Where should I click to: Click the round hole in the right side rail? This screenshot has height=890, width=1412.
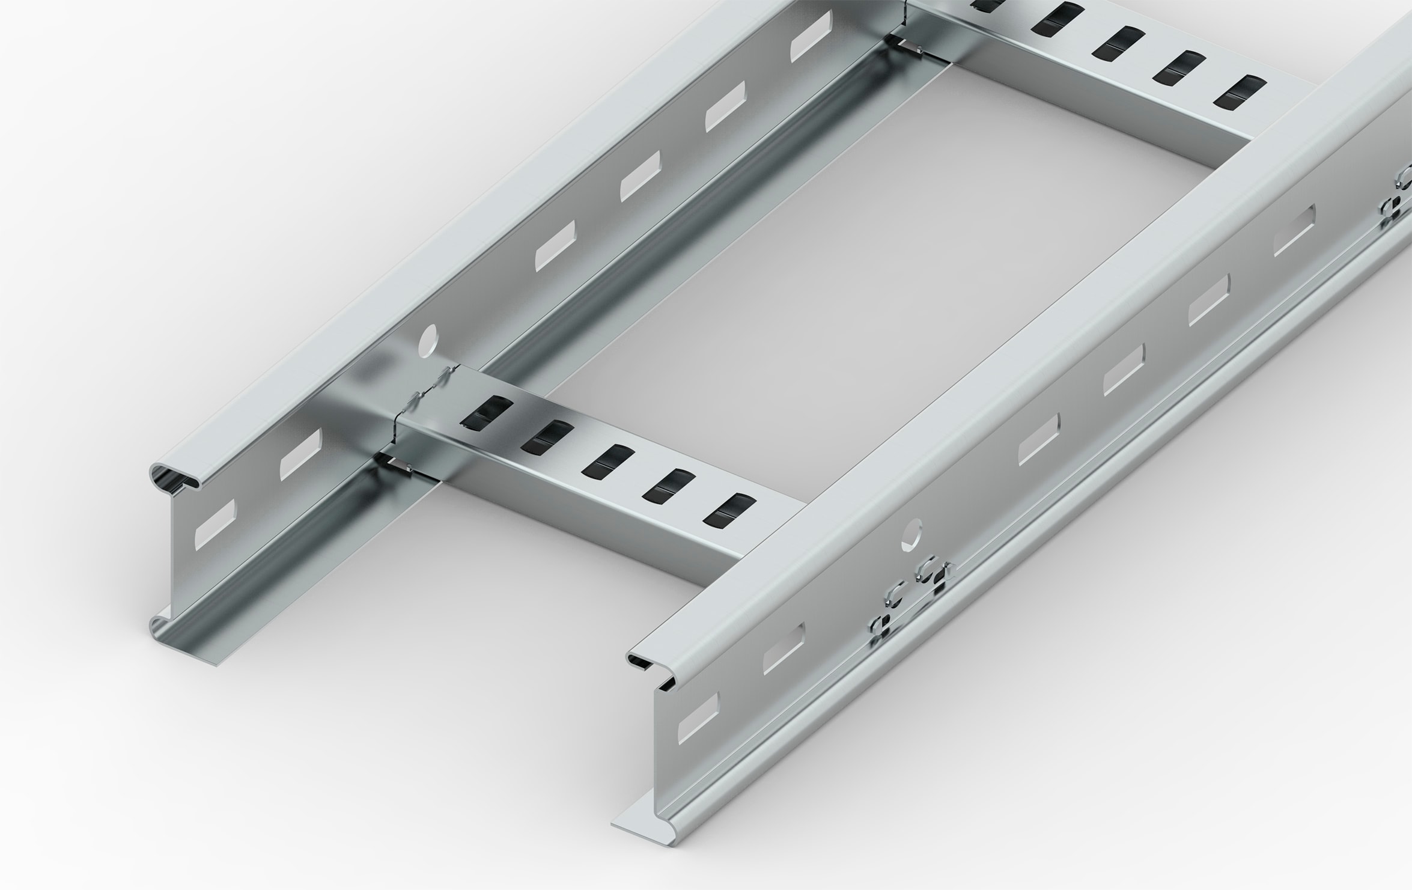[913, 535]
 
